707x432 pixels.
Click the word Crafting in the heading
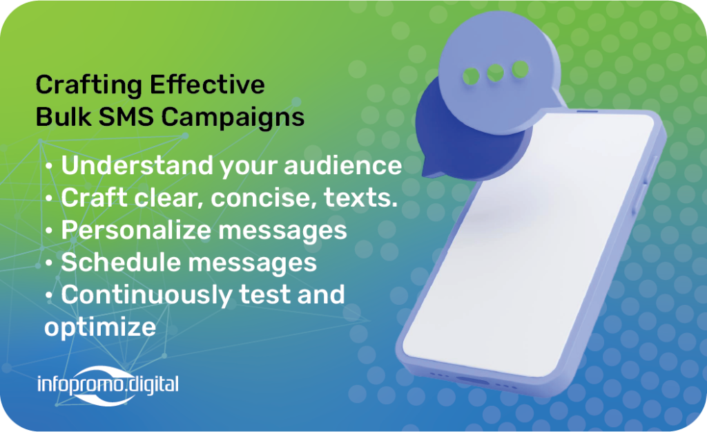[x=89, y=86]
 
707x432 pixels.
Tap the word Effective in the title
[x=207, y=84]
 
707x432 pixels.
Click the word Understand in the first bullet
[x=137, y=165]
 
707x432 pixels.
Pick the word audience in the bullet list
[x=342, y=165]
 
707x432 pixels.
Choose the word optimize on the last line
[x=100, y=328]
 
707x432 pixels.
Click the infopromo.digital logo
[x=108, y=385]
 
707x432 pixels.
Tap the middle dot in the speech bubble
[x=496, y=73]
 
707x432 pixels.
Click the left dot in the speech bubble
[x=471, y=76]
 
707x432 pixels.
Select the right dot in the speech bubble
[x=520, y=69]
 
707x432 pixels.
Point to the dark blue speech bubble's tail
[x=431, y=169]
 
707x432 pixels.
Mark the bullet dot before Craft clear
[x=49, y=199]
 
